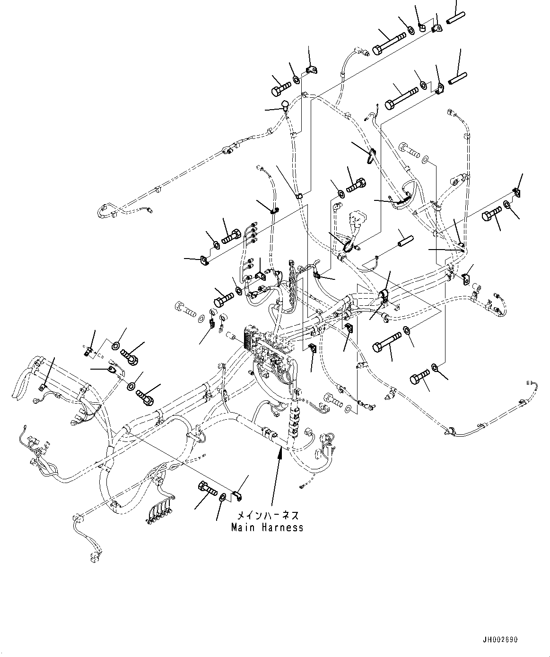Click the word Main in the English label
[242, 527]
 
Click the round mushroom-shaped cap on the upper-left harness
[285, 104]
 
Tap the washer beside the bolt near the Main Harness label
[222, 496]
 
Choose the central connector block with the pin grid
[249, 338]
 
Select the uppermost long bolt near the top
[389, 43]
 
